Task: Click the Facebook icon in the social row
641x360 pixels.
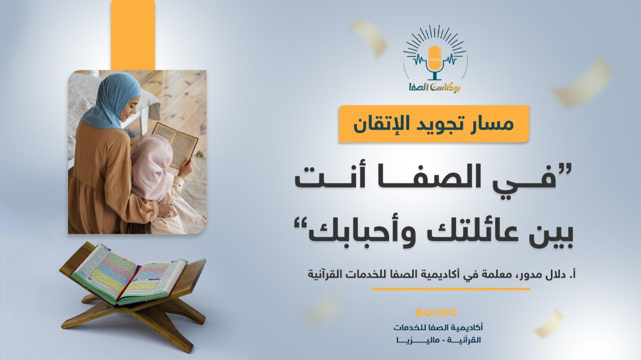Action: [x=419, y=312]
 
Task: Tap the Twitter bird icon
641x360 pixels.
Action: [x=428, y=312]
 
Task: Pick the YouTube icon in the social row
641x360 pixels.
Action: [x=453, y=312]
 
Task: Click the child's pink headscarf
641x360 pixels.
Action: [x=152, y=167]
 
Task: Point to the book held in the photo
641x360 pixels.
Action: [x=176, y=145]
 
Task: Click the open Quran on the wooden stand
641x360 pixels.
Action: [x=129, y=275]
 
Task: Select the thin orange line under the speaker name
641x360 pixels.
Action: [x=450, y=289]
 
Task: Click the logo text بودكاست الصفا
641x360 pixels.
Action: [x=435, y=87]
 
